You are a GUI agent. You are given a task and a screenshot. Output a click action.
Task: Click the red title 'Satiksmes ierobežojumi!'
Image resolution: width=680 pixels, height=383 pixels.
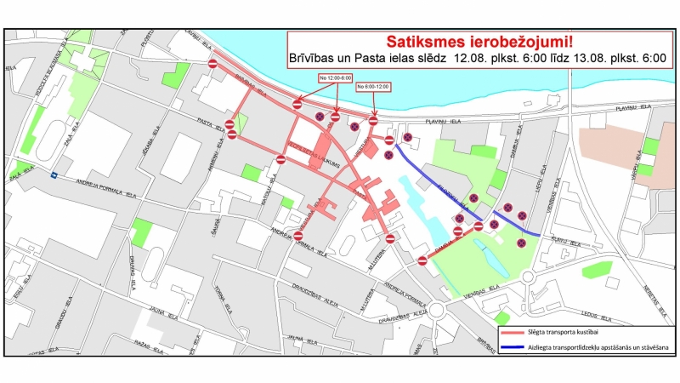479,41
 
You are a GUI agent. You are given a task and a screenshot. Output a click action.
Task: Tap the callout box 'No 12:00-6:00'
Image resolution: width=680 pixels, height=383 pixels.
335,77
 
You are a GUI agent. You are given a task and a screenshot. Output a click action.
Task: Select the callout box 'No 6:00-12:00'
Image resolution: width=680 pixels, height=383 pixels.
373,87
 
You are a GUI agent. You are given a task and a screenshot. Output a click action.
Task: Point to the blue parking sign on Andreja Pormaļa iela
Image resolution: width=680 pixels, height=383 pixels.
54,177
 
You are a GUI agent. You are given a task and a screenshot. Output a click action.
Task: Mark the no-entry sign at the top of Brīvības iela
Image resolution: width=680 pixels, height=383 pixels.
213,63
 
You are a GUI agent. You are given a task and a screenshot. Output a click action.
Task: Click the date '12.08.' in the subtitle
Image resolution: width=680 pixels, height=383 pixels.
473,59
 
